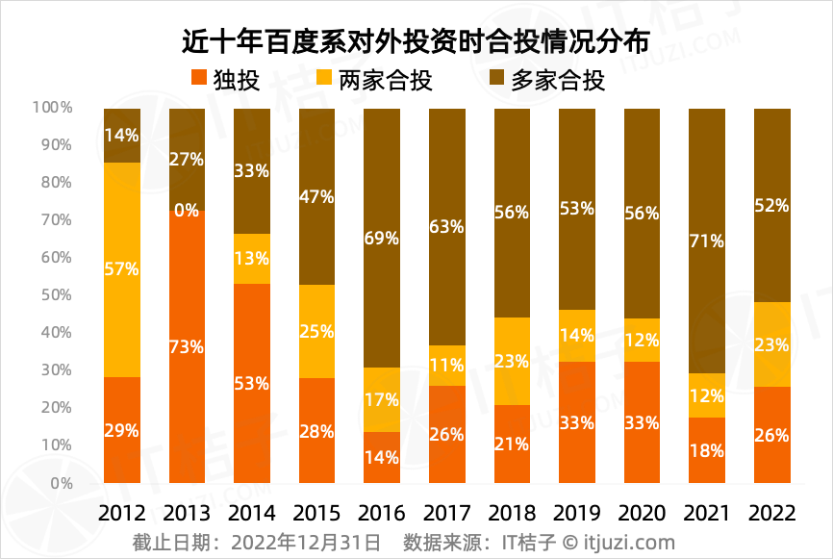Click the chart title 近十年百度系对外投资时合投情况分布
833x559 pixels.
tap(416, 41)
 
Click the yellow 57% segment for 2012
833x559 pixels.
tap(122, 269)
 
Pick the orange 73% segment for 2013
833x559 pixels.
tap(187, 346)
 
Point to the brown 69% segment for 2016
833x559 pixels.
tap(382, 238)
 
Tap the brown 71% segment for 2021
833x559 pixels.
tap(707, 241)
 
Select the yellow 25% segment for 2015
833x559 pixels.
tap(316, 331)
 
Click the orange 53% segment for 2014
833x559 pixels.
tap(252, 383)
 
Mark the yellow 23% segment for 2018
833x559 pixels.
tap(512, 361)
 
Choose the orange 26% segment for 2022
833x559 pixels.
tap(771, 435)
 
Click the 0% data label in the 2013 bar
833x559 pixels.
tap(187, 210)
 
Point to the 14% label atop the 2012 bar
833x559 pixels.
tap(122, 136)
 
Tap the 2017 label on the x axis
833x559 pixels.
tap(446, 513)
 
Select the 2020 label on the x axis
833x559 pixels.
tap(642, 513)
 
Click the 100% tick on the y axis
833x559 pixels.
tap(53, 108)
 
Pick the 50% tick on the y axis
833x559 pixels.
tap(56, 295)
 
